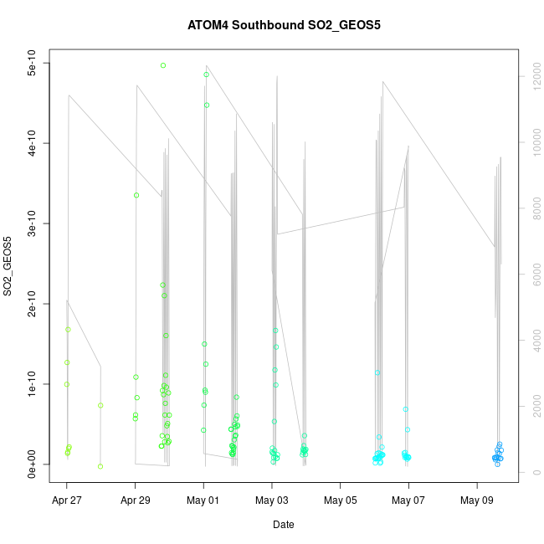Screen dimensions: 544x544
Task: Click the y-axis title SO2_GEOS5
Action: [8, 266]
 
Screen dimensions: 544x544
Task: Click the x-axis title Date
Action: [283, 525]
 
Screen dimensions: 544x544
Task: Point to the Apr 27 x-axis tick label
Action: [67, 501]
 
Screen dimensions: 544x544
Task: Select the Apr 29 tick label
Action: [135, 501]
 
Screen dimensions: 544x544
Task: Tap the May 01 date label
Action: [203, 501]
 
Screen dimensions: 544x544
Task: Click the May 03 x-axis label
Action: [272, 501]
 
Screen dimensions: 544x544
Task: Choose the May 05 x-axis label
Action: [341, 501]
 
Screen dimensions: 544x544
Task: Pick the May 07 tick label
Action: [408, 501]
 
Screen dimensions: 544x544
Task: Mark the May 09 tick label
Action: [477, 501]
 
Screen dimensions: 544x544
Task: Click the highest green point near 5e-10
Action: [163, 65]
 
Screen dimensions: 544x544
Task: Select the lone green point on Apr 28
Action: [100, 405]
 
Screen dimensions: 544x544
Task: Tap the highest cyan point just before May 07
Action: [406, 409]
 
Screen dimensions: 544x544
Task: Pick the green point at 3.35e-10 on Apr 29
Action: [136, 195]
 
